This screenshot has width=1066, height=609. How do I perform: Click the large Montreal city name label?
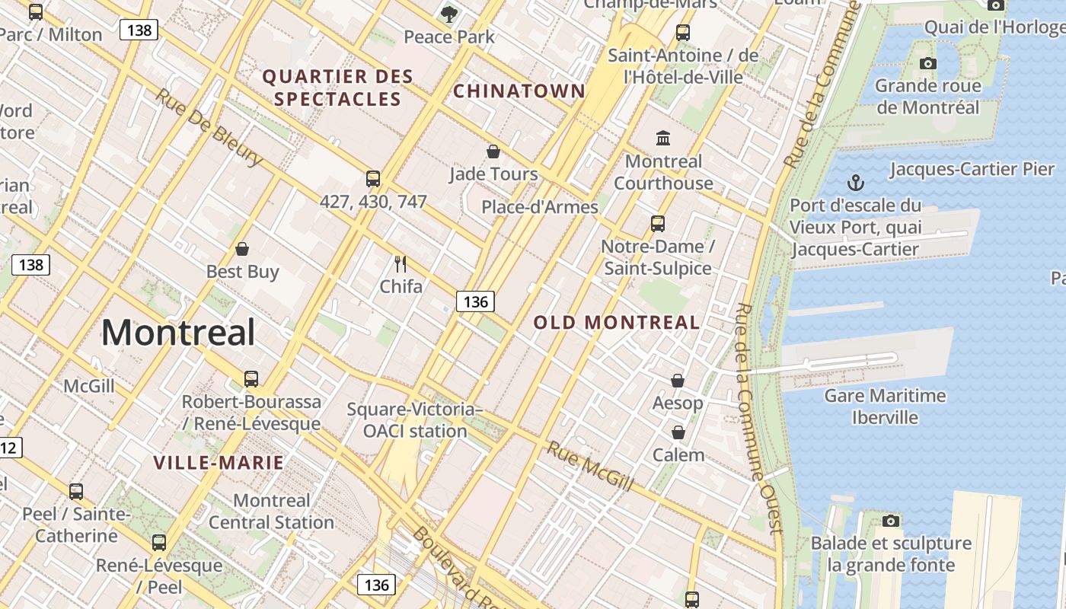point(178,333)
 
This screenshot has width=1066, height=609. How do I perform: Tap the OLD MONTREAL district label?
point(616,322)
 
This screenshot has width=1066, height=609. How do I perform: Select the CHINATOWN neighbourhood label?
point(519,91)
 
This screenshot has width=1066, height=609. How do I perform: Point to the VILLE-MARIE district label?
point(219,462)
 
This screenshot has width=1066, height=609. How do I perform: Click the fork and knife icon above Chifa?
point(401,264)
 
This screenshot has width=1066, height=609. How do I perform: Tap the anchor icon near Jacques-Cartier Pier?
point(857,183)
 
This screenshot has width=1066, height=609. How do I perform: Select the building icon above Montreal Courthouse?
point(663,139)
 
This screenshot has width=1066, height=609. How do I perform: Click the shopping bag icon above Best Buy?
point(242,249)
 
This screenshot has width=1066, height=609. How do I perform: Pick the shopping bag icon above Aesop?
point(678,380)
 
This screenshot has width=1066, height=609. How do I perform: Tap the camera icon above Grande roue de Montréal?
point(927,63)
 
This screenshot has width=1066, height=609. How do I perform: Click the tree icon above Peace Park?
point(449,14)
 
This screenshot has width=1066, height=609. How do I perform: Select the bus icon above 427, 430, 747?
point(373,179)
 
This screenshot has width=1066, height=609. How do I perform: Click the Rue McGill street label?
point(590,466)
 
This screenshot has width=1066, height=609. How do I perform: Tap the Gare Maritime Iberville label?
point(885,407)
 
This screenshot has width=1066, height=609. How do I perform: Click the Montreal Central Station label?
point(271,512)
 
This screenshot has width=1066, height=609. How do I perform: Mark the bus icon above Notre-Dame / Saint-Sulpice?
point(658,224)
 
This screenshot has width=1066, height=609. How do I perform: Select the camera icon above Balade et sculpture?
point(891,521)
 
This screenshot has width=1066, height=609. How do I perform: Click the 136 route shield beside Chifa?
point(476,301)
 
